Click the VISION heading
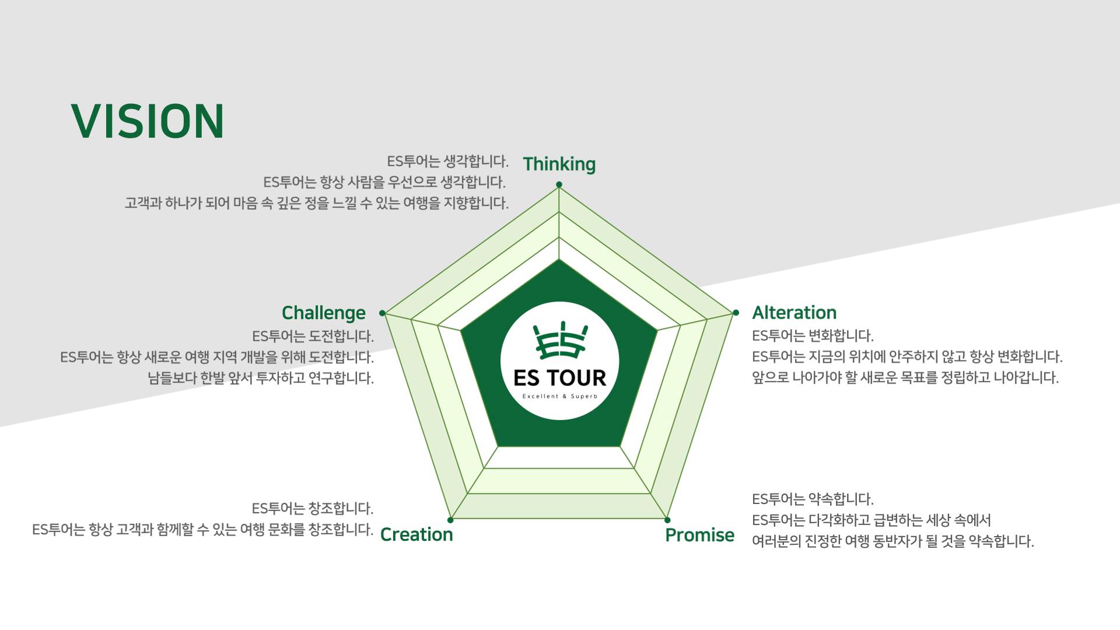(x=148, y=121)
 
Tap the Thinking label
(x=559, y=164)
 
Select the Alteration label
(x=794, y=313)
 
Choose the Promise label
(x=699, y=535)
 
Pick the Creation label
(x=416, y=534)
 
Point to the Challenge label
(x=323, y=313)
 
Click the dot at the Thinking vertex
(x=559, y=185)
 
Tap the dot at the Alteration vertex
(x=736, y=313)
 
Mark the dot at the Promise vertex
(x=667, y=520)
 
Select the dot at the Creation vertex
(x=450, y=520)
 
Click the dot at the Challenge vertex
(x=382, y=313)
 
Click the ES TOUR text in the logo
(x=559, y=378)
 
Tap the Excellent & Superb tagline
(x=559, y=397)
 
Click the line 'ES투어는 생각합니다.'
(x=447, y=161)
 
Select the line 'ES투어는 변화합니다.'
(x=813, y=336)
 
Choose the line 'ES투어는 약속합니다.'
(x=813, y=499)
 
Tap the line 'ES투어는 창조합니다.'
(x=313, y=509)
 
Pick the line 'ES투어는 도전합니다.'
(x=313, y=337)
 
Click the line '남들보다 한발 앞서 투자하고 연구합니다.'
(x=261, y=378)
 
